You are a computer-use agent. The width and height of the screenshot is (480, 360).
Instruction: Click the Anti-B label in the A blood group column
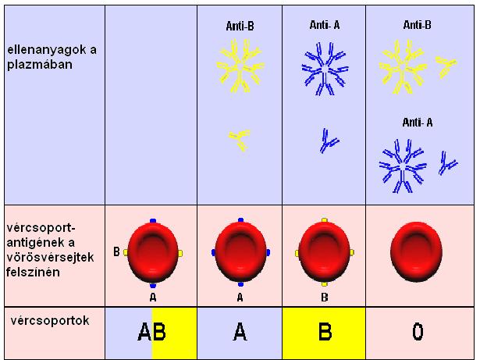(x=240, y=26)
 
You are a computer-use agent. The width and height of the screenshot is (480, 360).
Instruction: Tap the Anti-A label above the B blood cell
(x=325, y=25)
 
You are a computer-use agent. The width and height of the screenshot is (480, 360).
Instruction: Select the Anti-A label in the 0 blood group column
(x=418, y=123)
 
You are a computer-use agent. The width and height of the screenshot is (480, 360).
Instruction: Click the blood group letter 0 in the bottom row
(x=418, y=332)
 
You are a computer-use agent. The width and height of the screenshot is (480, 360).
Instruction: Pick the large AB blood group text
(x=152, y=332)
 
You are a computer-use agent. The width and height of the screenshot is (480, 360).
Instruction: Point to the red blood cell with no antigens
(x=416, y=252)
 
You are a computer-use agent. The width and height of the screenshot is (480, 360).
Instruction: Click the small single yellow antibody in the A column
(x=240, y=140)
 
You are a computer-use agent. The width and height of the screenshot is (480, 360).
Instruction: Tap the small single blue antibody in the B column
(x=329, y=141)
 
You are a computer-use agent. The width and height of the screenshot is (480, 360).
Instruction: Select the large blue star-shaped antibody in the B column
(x=325, y=69)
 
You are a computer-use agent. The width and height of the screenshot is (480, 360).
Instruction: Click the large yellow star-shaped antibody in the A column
(x=240, y=66)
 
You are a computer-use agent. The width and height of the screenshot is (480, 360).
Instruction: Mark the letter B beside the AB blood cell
(x=116, y=251)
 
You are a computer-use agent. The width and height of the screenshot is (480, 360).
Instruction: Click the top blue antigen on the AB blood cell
(x=153, y=221)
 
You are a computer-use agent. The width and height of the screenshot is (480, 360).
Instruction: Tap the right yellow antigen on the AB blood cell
(x=180, y=253)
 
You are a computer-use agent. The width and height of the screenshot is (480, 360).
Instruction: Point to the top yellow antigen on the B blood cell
(x=325, y=220)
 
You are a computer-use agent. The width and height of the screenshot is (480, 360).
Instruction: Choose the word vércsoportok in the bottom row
(x=50, y=321)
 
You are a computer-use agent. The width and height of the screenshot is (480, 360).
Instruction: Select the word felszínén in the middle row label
(x=33, y=273)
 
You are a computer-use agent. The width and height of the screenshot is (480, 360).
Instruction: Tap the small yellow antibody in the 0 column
(x=446, y=66)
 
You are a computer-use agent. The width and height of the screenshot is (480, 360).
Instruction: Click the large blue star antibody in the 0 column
(x=403, y=166)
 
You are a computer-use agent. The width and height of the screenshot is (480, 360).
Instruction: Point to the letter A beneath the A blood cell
(x=240, y=298)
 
